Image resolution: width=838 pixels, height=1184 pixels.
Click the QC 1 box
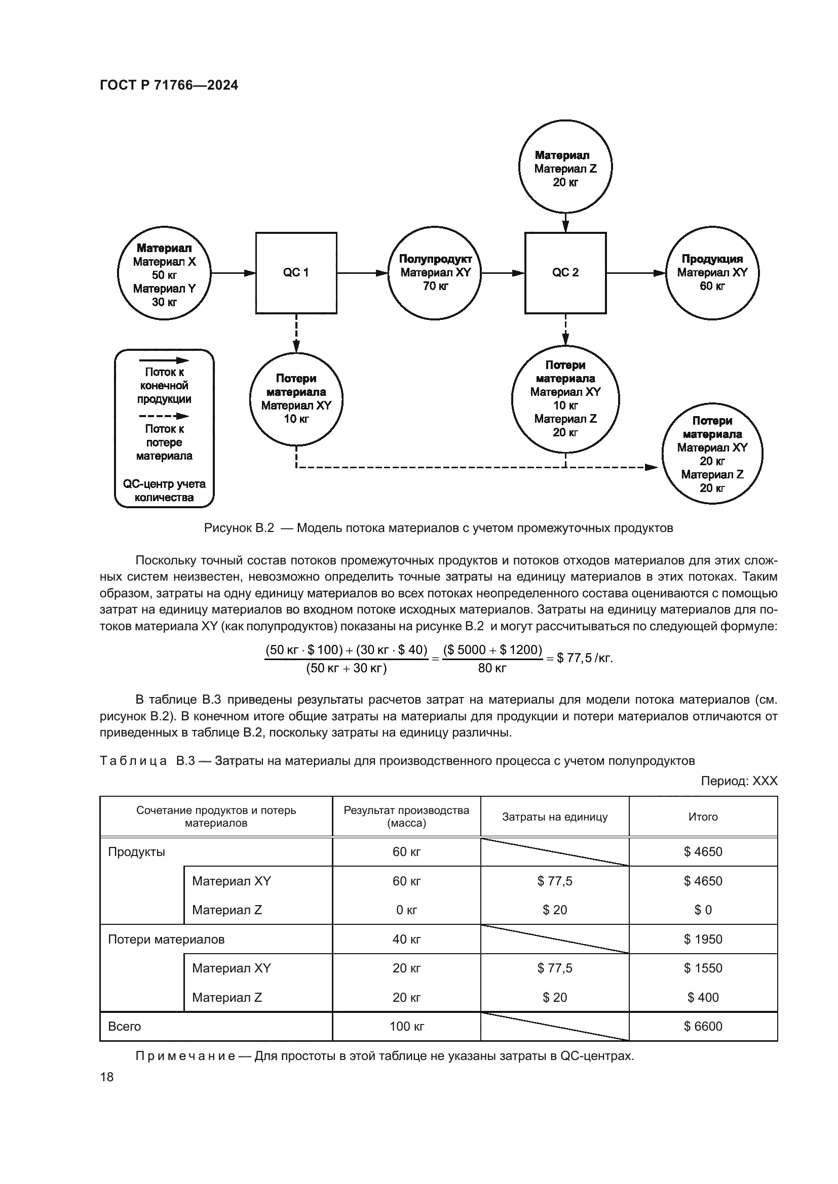point(296,273)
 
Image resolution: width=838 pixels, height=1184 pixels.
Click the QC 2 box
point(565,273)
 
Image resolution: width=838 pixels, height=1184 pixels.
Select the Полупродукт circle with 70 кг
point(435,273)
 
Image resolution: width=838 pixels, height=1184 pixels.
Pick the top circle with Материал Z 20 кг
point(565,167)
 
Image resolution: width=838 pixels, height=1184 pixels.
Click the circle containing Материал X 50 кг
point(164,273)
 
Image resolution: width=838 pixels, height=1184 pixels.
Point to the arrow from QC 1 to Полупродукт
point(362,273)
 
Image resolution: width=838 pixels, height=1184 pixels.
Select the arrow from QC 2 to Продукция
point(636,273)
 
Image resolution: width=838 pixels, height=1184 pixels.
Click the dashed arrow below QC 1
point(296,333)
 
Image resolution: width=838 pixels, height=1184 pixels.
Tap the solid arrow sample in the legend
point(164,360)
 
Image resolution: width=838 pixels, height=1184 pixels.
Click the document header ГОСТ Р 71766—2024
point(169,85)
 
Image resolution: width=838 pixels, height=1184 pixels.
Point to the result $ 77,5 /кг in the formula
point(584,659)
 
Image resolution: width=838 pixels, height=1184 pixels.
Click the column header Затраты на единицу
point(555,817)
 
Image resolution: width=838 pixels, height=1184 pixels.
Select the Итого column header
point(703,817)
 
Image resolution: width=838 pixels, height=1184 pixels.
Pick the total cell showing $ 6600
point(703,1026)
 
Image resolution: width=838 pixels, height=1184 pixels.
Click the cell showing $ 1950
point(703,939)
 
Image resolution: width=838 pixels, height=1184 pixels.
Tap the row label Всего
point(124,1026)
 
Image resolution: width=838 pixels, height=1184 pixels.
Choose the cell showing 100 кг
point(407,1026)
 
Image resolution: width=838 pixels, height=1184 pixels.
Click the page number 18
point(107,1077)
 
